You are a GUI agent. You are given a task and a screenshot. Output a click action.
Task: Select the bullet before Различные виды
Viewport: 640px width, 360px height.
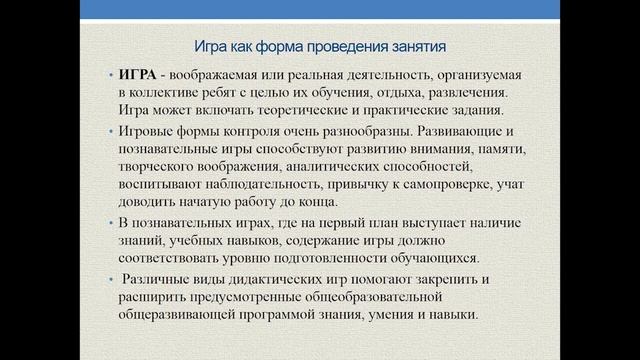point(109,280)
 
